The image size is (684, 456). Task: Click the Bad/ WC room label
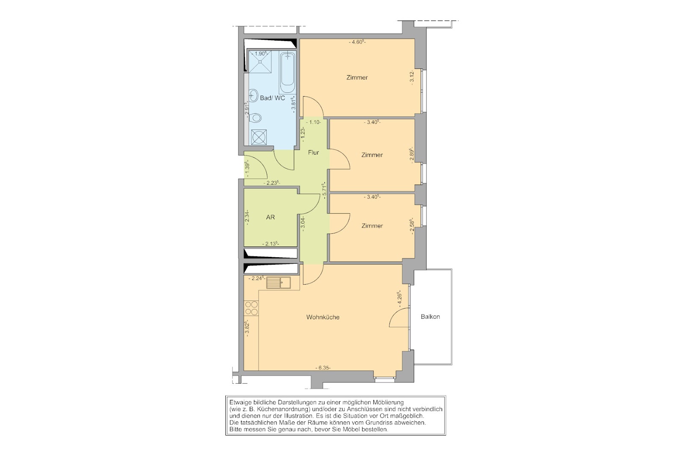(x=272, y=98)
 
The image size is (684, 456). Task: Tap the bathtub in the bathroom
(x=287, y=72)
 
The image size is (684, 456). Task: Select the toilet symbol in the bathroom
(x=255, y=118)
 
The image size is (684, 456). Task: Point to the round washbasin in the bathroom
(x=254, y=96)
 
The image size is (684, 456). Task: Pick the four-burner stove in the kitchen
(x=251, y=308)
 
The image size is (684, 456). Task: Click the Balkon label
(x=430, y=317)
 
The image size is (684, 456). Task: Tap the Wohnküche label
(x=323, y=318)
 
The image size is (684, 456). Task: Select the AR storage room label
(x=271, y=218)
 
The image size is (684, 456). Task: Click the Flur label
(x=313, y=153)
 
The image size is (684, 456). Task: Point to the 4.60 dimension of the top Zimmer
(x=357, y=42)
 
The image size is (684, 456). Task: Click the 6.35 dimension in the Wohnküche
(x=323, y=368)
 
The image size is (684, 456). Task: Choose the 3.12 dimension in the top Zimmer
(x=412, y=77)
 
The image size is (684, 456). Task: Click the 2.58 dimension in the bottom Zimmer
(x=412, y=226)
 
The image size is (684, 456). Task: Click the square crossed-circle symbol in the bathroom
(x=259, y=137)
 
